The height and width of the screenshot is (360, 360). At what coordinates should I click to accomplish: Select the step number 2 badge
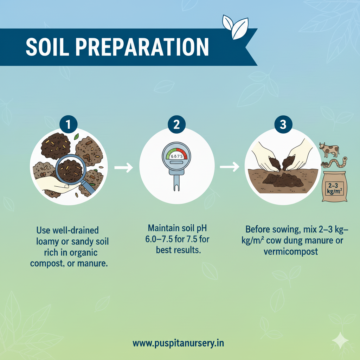(176, 125)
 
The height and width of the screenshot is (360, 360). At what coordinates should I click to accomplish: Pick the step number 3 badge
(283, 125)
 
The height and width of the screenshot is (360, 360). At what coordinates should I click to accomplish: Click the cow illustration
(329, 150)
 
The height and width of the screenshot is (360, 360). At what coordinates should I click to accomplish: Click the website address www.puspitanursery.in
(179, 343)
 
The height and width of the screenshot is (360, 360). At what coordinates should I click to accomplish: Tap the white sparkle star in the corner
(340, 340)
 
